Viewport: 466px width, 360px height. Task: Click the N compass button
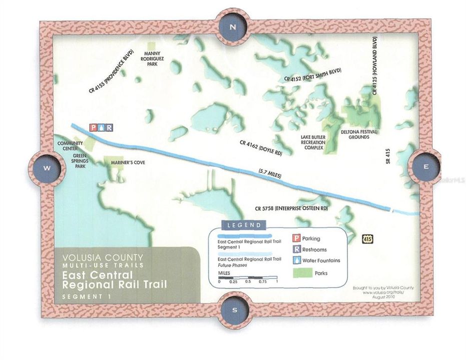coord(232,28)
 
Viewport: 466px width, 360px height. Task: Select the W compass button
coord(47,168)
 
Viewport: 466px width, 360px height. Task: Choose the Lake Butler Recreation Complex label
coord(313,142)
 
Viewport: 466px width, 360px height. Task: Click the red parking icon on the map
coord(93,127)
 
